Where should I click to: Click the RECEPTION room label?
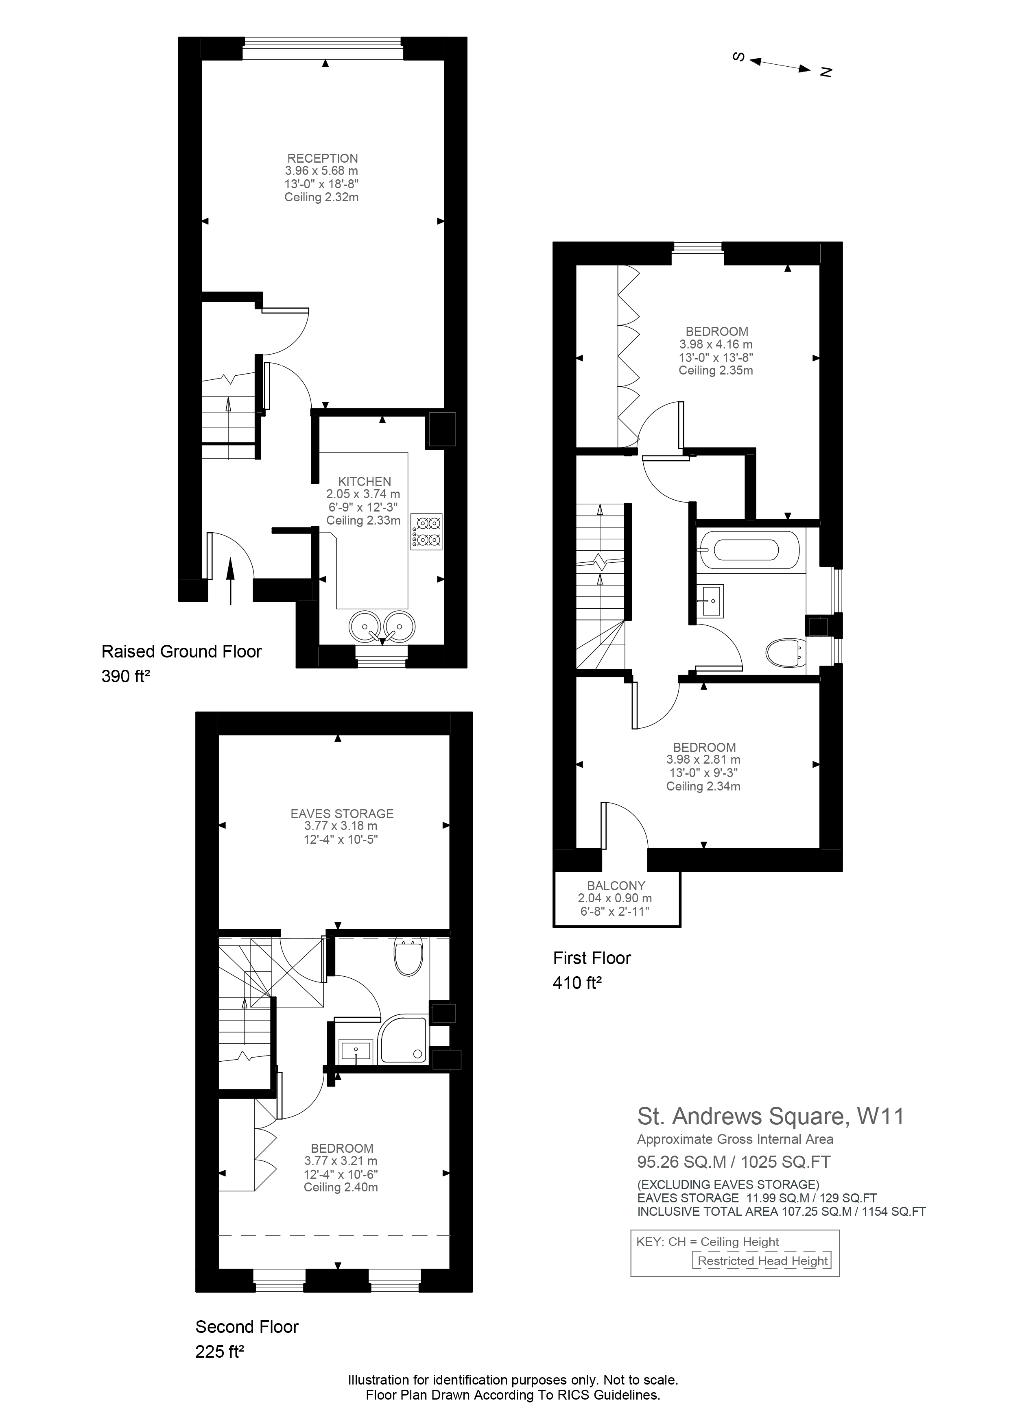click(x=323, y=158)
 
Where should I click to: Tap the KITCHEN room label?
click(x=365, y=481)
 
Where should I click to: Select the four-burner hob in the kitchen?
click(x=426, y=531)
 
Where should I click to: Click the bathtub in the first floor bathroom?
click(x=746, y=550)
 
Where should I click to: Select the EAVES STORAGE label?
click(x=342, y=814)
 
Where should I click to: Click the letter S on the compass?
click(x=739, y=57)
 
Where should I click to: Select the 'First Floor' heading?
click(x=592, y=958)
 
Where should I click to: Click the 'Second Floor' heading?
click(x=247, y=1327)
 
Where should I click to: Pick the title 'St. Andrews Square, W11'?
click(x=771, y=1116)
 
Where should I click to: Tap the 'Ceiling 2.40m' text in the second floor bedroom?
click(x=341, y=1187)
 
